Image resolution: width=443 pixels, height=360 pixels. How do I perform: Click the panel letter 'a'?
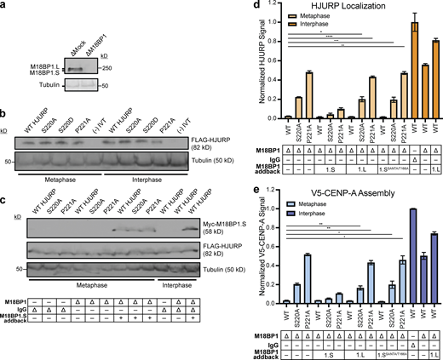(3, 6)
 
